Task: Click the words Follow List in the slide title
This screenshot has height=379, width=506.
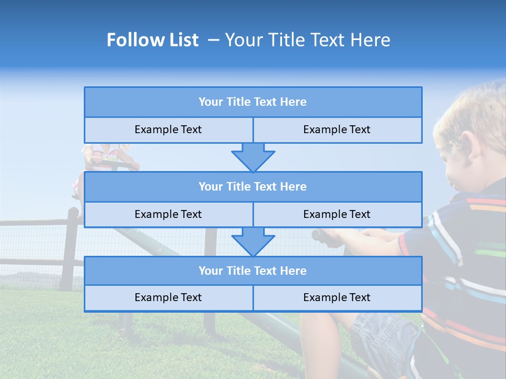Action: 152,40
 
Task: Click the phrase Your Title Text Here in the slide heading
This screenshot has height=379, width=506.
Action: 307,40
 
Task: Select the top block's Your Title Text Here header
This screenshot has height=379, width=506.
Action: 252,102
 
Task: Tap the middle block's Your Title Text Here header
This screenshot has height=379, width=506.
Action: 252,186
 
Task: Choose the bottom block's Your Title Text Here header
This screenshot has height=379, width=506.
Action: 252,271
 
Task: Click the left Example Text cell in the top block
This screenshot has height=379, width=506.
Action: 168,129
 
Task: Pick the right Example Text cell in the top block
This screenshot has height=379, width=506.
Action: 337,129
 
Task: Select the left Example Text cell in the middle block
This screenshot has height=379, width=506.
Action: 168,214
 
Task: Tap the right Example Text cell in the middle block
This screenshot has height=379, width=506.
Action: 337,214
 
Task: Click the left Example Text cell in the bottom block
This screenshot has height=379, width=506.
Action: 168,297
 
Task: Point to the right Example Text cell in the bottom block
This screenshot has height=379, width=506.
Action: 337,297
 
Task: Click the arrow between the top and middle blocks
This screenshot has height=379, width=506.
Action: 253,157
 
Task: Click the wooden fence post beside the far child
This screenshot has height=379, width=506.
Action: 72,247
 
